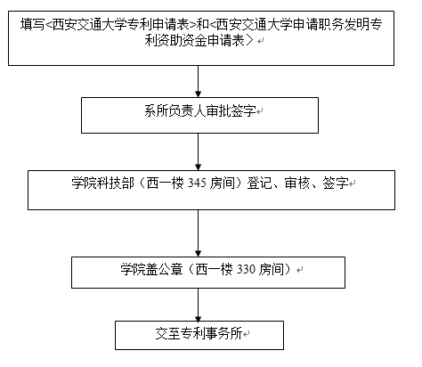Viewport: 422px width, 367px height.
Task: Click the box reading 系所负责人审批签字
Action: pyautogui.click(x=199, y=115)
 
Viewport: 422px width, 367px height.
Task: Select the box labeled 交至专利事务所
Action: pyautogui.click(x=199, y=335)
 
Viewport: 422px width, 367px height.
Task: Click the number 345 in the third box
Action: pyautogui.click(x=197, y=183)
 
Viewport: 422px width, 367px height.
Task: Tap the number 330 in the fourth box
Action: pyautogui.click(x=246, y=269)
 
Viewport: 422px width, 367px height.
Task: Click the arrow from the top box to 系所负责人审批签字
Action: pyautogui.click(x=199, y=81)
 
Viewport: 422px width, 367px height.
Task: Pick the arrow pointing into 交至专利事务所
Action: pyautogui.click(x=199, y=305)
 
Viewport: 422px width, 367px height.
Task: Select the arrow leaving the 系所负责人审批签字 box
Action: pyautogui.click(x=199, y=151)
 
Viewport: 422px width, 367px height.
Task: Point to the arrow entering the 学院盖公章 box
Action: pyautogui.click(x=199, y=233)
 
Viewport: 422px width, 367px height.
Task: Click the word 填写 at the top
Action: pyautogui.click(x=32, y=24)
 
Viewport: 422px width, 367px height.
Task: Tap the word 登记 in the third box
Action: pyautogui.click(x=259, y=183)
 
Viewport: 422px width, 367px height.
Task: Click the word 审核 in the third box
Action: pyautogui.click(x=297, y=183)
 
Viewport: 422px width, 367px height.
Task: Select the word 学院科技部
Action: pyautogui.click(x=102, y=183)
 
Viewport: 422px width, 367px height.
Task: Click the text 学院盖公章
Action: pyautogui.click(x=151, y=269)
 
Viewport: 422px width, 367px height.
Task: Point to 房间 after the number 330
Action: pyautogui.click(x=272, y=269)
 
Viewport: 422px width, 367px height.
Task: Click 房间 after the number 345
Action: pyautogui.click(x=223, y=183)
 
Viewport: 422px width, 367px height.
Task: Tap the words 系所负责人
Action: pyautogui.click(x=175, y=111)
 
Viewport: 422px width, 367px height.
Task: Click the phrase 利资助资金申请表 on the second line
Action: pyautogui.click(x=194, y=40)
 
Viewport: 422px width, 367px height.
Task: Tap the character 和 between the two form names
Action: pyautogui.click(x=203, y=24)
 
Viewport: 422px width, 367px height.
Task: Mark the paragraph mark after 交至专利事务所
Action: pyautogui.click(x=247, y=334)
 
